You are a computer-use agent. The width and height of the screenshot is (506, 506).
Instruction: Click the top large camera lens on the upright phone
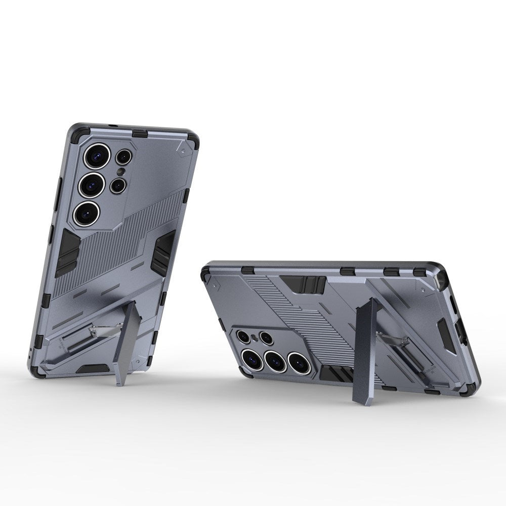[96, 156]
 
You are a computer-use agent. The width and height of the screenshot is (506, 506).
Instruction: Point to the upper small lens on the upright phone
[123, 157]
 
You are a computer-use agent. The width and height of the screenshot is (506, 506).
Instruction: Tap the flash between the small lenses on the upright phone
[120, 172]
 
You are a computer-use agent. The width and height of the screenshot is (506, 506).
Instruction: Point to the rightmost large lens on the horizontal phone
[298, 361]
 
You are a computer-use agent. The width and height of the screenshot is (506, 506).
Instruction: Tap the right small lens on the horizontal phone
[266, 338]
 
